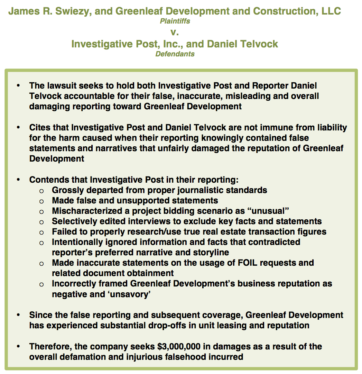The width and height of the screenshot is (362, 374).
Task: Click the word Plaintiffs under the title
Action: coord(175,21)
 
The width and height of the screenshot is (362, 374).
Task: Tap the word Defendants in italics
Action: coord(175,54)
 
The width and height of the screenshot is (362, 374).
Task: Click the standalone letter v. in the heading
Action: coord(175,33)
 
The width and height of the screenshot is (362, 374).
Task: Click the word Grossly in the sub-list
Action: coord(67,190)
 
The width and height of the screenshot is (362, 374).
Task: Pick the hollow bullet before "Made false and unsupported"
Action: coord(41,201)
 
